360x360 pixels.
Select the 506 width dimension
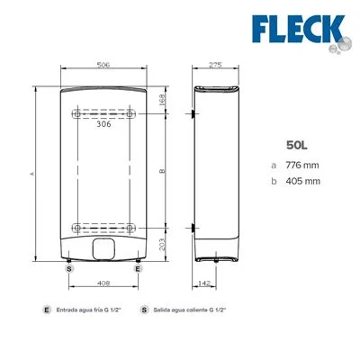tap(103, 65)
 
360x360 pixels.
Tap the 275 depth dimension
tap(215, 65)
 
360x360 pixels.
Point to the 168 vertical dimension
tap(162, 99)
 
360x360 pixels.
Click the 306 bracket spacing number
tap(103, 124)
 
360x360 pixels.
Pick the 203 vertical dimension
tap(162, 245)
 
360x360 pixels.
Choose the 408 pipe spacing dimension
tap(103, 283)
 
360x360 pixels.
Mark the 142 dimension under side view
tap(204, 283)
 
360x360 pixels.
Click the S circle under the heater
tap(69, 268)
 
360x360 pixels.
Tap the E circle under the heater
tap(138, 268)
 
